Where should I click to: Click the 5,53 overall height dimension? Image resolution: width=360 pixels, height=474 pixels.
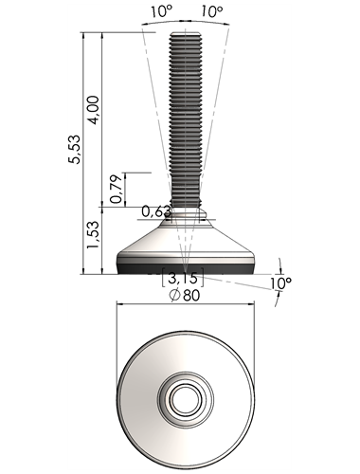point(75,149)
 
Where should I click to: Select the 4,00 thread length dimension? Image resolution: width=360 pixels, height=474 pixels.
point(94,110)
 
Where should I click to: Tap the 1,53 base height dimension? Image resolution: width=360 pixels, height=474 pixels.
point(93,234)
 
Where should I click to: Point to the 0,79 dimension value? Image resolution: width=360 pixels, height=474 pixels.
point(116,189)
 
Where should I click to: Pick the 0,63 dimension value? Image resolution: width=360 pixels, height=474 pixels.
point(156,211)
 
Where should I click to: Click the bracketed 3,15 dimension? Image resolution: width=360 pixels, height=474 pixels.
point(182,278)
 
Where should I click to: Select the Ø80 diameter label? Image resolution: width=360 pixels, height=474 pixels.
point(185,296)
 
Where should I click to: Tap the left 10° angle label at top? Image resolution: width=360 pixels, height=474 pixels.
point(161,12)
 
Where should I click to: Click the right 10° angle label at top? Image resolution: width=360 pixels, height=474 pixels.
point(211,12)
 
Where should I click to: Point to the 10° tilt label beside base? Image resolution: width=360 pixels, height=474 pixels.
point(280,283)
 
